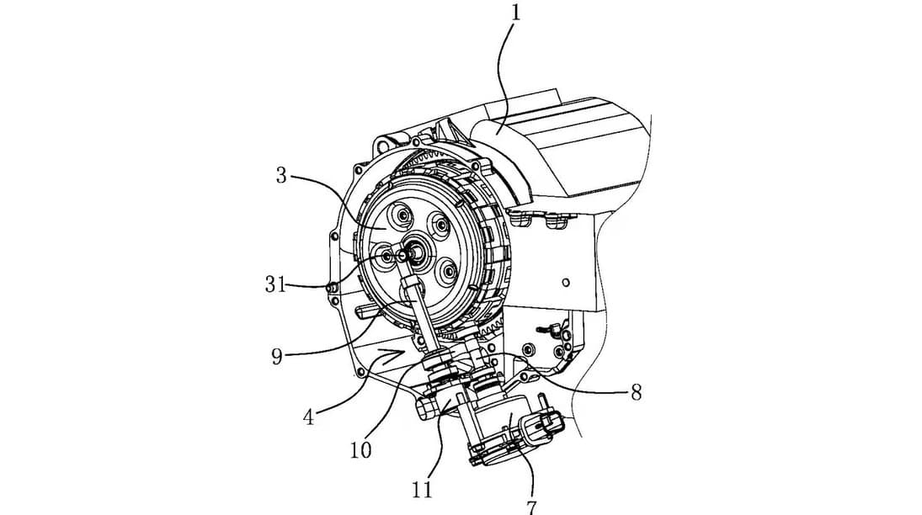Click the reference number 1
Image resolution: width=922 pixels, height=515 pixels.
pyautogui.click(x=515, y=12)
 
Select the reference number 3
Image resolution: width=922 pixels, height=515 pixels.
pyautogui.click(x=282, y=175)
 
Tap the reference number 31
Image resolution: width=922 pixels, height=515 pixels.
pyautogui.click(x=274, y=285)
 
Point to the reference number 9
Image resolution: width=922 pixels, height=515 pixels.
pyautogui.click(x=277, y=357)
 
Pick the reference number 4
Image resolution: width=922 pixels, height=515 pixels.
pyautogui.click(x=308, y=417)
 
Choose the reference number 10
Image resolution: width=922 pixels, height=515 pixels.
pyautogui.click(x=360, y=450)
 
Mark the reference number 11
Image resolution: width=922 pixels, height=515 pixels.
pyautogui.click(x=423, y=489)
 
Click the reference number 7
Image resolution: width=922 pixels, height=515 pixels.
pyautogui.click(x=533, y=505)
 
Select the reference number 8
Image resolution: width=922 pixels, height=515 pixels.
pyautogui.click(x=636, y=393)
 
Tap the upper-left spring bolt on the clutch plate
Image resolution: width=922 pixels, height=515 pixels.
pyautogui.click(x=402, y=217)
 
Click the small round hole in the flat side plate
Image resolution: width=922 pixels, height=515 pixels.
pyautogui.click(x=566, y=283)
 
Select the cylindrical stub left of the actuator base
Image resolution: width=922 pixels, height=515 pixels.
pyautogui.click(x=427, y=408)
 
